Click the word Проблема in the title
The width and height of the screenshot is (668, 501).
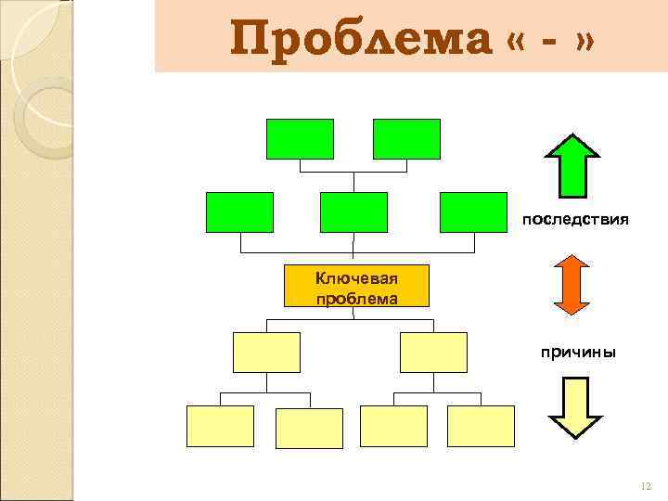(x=360, y=40)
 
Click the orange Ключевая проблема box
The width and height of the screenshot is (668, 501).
(x=356, y=286)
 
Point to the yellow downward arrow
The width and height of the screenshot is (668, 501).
(x=575, y=405)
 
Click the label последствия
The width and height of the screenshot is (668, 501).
(x=575, y=220)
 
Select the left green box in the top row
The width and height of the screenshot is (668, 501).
(x=300, y=139)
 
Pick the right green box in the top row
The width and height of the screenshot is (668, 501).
(x=406, y=139)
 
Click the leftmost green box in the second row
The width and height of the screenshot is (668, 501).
(x=239, y=212)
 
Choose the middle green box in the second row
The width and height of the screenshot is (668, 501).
(x=353, y=212)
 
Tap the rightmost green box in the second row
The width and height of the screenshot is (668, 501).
(x=473, y=212)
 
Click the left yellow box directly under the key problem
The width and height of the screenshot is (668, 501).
(x=266, y=353)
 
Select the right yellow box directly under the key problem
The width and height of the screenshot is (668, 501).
(x=433, y=353)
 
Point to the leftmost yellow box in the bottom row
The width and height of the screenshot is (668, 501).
(x=220, y=427)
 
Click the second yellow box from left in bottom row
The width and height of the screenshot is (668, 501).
(x=310, y=428)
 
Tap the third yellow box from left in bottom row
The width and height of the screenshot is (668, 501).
(x=393, y=427)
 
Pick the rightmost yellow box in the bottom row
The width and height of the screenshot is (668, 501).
(x=481, y=427)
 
